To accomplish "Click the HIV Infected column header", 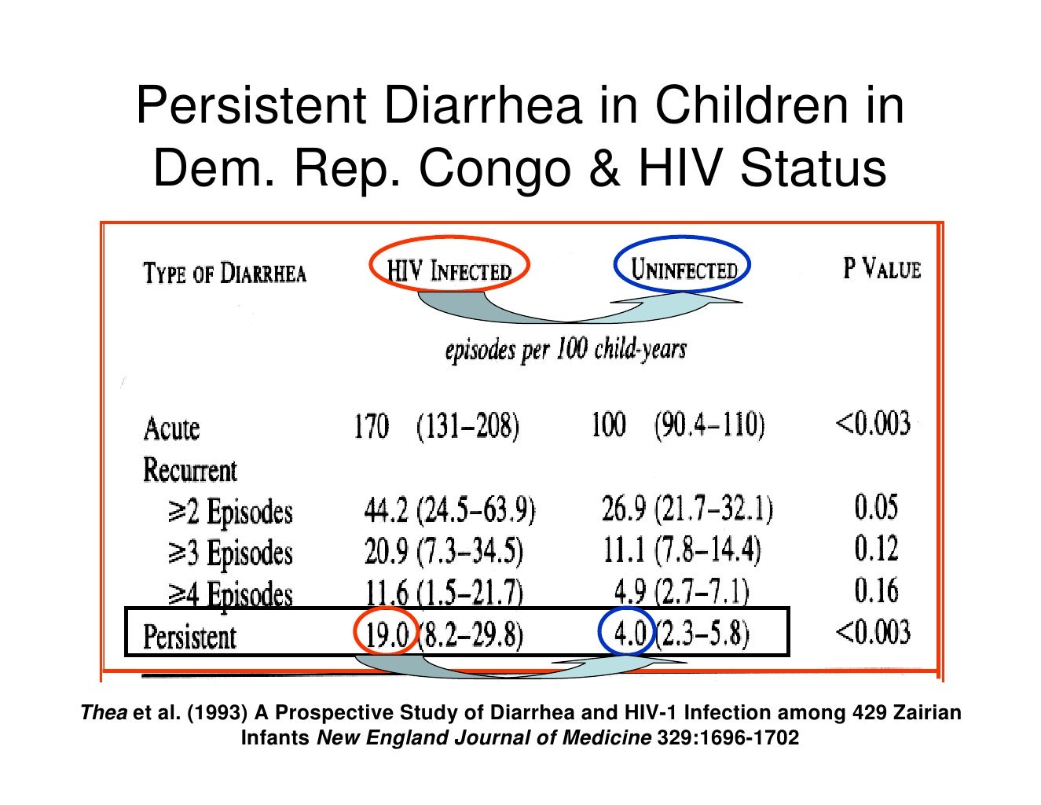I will [449, 271].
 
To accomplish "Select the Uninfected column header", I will [684, 270].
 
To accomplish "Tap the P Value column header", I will [882, 269].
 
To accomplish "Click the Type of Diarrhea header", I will [225, 274].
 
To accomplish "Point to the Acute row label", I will [172, 429].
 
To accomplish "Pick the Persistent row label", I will [189, 636].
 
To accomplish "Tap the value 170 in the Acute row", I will [371, 428].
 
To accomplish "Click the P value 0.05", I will [876, 507].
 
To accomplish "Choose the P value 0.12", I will [876, 549].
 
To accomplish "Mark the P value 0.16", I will [876, 590].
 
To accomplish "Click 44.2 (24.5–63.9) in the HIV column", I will [449, 511].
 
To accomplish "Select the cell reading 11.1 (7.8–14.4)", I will [682, 550].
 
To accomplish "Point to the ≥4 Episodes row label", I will [230, 594].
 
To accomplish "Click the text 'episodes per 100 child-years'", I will [566, 349].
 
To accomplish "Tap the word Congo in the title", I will [494, 168].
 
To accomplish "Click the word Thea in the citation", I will [104, 713].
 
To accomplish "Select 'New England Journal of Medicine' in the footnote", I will [483, 738].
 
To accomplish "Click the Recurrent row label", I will [189, 470].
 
